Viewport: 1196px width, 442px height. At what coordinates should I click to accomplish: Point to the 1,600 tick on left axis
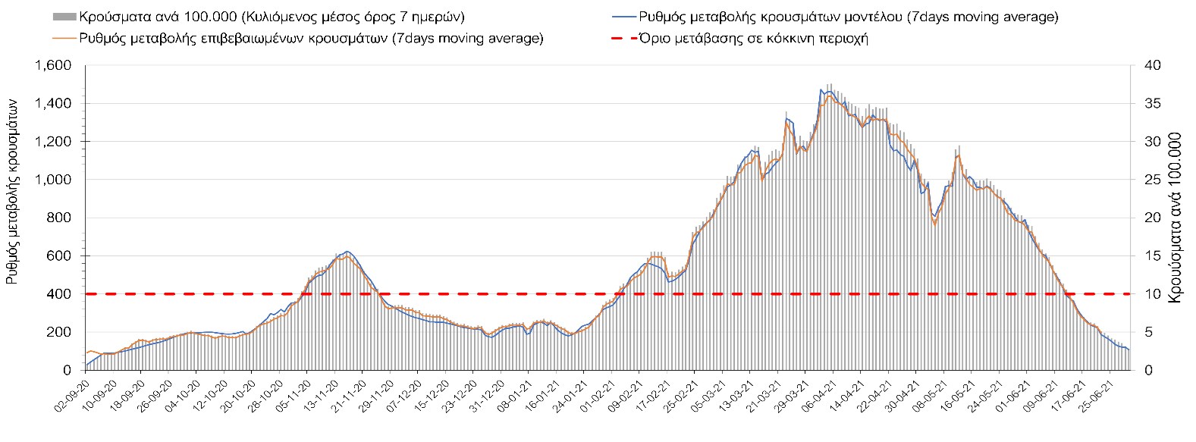pos(52,66)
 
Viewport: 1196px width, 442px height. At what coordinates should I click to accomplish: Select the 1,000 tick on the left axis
pos(52,180)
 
